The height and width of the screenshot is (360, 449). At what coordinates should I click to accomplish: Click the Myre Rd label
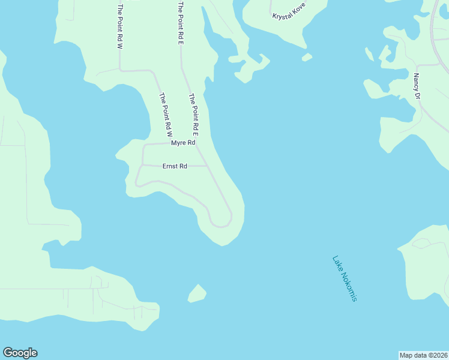click(183, 143)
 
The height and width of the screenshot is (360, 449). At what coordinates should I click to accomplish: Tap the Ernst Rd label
click(175, 166)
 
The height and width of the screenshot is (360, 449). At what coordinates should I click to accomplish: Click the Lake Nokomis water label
click(345, 278)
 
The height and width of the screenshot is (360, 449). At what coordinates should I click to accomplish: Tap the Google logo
click(20, 353)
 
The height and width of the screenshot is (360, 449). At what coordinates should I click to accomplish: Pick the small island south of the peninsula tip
click(197, 293)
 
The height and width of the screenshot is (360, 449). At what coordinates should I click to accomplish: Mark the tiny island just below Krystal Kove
click(307, 58)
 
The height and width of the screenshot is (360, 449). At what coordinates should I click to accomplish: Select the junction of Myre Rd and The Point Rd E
click(197, 143)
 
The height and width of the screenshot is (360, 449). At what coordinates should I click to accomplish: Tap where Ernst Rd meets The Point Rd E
click(208, 166)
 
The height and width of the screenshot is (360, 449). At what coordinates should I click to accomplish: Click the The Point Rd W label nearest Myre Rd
click(166, 113)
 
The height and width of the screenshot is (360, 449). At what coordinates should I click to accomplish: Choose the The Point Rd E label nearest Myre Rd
click(194, 113)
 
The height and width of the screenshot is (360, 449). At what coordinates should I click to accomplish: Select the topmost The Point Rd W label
click(121, 26)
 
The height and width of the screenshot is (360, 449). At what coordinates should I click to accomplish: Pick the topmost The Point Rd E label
click(179, 24)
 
